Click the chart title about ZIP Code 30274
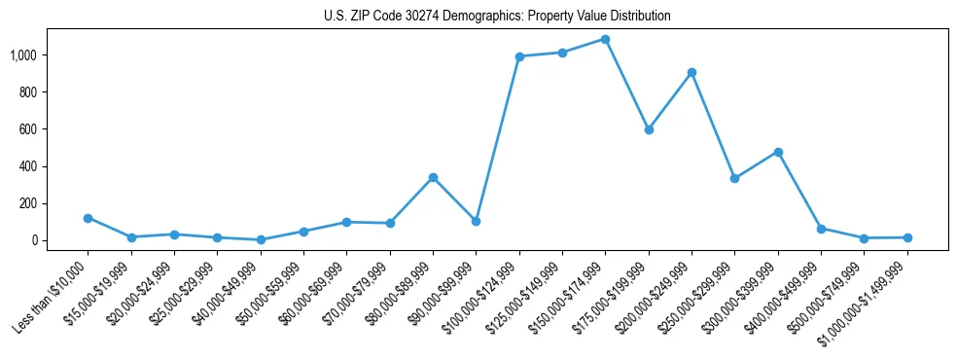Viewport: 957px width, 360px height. (x=497, y=17)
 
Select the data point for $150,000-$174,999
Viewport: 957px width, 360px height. (x=605, y=40)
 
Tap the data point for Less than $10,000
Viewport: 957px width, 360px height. (x=88, y=218)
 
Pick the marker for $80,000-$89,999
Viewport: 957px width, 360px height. (x=433, y=177)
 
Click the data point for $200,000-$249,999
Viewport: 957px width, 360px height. (x=691, y=72)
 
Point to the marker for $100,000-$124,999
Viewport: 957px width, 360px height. (x=519, y=56)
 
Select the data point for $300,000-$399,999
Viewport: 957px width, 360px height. (x=778, y=152)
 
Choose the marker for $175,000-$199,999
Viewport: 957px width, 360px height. (x=649, y=129)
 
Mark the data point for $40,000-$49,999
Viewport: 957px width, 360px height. (x=261, y=239)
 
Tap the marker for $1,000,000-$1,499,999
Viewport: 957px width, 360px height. (x=907, y=237)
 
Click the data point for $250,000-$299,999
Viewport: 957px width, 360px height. (x=734, y=178)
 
